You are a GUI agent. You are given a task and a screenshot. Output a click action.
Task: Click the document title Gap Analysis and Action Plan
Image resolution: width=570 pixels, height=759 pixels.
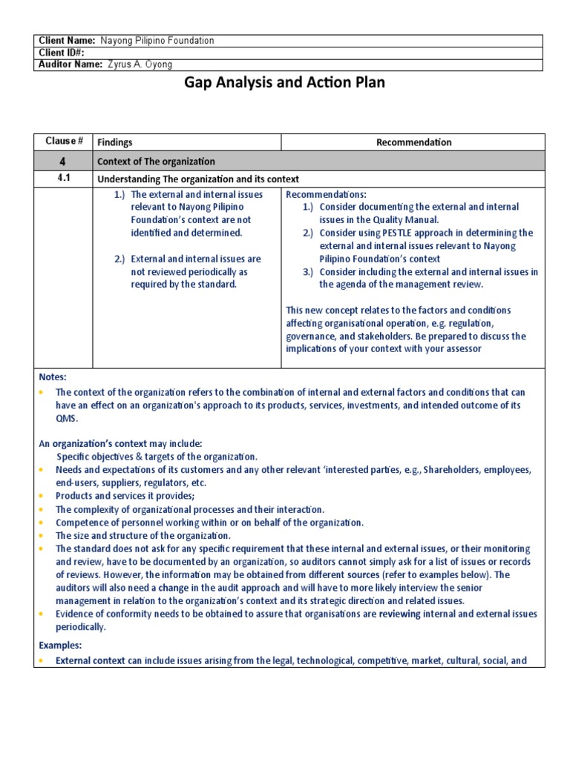(284, 82)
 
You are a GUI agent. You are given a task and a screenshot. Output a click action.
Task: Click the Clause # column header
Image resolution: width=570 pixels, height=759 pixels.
(63, 142)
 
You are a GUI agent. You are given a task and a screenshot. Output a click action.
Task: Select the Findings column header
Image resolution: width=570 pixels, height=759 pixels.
(115, 142)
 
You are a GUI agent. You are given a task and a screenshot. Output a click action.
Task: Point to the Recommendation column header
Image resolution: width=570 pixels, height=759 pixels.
(413, 142)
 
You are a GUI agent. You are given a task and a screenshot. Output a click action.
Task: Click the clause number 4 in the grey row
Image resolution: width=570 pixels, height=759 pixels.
(63, 161)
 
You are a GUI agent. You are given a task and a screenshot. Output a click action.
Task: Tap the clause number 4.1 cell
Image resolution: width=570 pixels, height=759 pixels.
(63, 179)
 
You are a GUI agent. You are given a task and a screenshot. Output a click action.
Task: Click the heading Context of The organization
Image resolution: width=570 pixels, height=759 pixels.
(156, 162)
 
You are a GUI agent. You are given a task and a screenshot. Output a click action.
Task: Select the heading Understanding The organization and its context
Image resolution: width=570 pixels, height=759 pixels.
(198, 179)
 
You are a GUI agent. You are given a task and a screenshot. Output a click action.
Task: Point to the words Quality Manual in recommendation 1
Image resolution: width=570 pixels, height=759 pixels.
(413, 219)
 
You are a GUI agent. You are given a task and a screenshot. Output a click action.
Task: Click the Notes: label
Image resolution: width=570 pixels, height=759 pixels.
(53, 377)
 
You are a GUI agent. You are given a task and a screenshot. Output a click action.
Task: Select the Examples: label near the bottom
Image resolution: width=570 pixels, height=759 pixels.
(61, 646)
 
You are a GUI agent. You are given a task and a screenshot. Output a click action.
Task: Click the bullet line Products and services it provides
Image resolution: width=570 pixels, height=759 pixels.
(125, 495)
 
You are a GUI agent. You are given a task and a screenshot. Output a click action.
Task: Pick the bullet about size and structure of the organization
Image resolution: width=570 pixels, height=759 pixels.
(143, 535)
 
